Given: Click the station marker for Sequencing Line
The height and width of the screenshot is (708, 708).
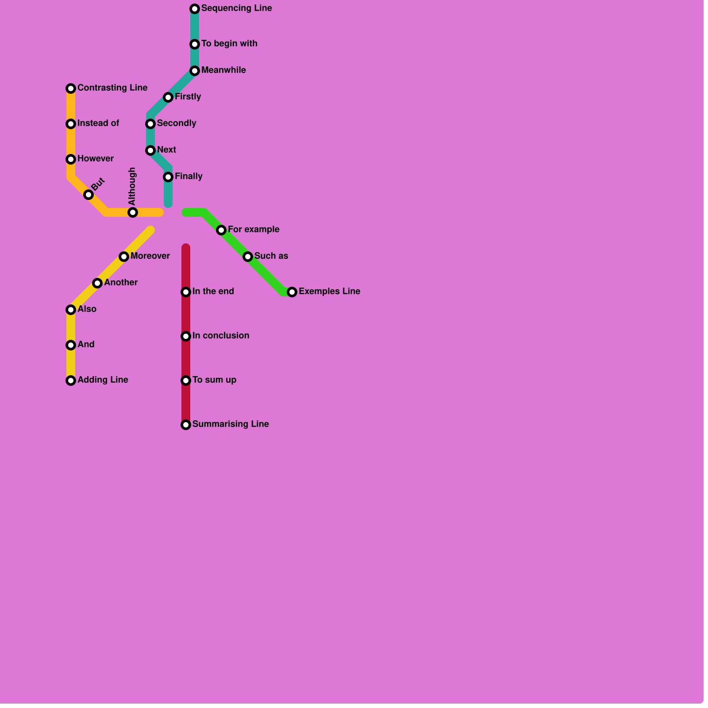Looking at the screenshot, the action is (x=195, y=9).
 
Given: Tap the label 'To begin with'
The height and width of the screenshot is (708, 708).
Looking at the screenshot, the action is (x=229, y=44).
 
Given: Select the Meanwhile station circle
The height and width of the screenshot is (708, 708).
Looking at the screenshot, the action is (x=195, y=71).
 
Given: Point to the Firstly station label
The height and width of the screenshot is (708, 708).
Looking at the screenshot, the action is (x=188, y=97).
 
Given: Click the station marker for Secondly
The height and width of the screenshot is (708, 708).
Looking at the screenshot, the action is (x=150, y=124).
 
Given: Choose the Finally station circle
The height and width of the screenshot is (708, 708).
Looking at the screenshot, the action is (x=168, y=177).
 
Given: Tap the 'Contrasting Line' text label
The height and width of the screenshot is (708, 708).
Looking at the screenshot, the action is (x=112, y=88).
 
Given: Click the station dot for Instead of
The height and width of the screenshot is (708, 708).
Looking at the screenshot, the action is (x=71, y=124).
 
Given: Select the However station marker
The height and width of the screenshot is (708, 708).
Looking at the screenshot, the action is (x=71, y=159).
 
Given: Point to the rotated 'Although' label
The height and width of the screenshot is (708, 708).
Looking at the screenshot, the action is (x=132, y=186).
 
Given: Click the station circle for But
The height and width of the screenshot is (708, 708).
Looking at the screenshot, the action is (x=88, y=195).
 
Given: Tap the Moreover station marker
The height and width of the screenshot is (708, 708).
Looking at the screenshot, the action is (x=124, y=257).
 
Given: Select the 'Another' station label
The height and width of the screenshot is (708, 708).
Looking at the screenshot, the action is (x=121, y=283).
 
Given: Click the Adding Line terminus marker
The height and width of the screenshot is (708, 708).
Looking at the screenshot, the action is (x=71, y=381).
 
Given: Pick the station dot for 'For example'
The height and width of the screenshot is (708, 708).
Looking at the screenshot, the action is (x=221, y=230).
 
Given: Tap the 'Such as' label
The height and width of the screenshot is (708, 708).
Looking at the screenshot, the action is (x=271, y=256).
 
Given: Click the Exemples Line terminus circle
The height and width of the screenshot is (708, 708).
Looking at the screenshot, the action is (x=292, y=292).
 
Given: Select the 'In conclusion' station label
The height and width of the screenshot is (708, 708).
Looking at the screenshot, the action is (x=221, y=336).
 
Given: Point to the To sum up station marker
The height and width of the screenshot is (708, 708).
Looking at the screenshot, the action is (x=186, y=381).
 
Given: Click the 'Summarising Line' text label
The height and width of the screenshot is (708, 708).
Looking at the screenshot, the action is (x=231, y=424).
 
